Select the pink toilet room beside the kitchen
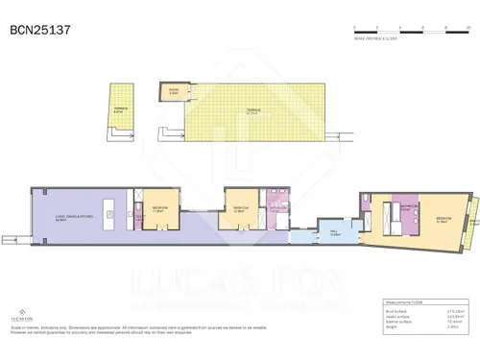click(140, 218)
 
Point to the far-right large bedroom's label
click(444, 219)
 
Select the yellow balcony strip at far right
click(472, 215)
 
